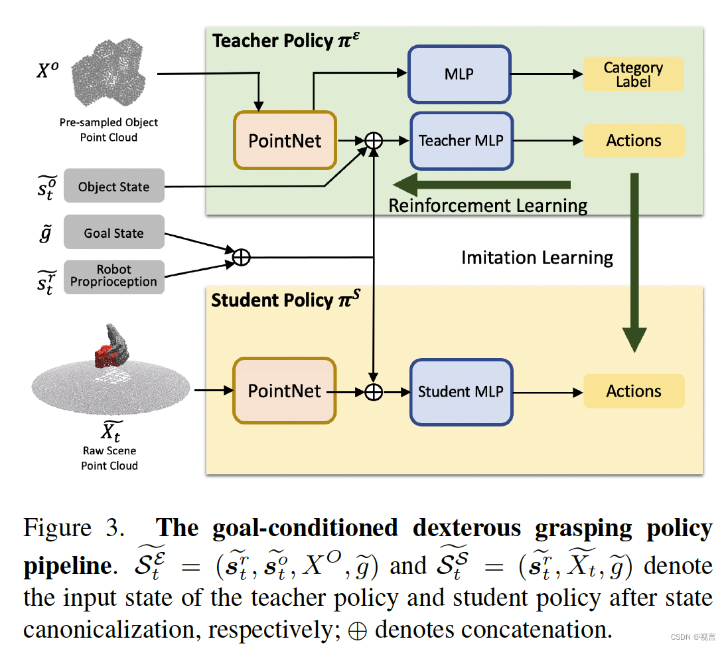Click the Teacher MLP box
click(461, 141)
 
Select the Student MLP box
click(461, 392)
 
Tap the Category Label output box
click(633, 74)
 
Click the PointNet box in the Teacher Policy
click(285, 141)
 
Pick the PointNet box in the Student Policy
click(284, 391)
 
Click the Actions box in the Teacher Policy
click(633, 141)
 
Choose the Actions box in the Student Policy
click(633, 391)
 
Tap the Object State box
click(113, 187)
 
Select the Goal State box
click(113, 233)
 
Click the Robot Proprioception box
click(113, 276)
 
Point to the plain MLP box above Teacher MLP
click(459, 74)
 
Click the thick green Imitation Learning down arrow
click(634, 266)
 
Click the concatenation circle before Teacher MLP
click(375, 141)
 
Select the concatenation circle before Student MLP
click(374, 392)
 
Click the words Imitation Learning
click(537, 257)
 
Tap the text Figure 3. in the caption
click(74, 528)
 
